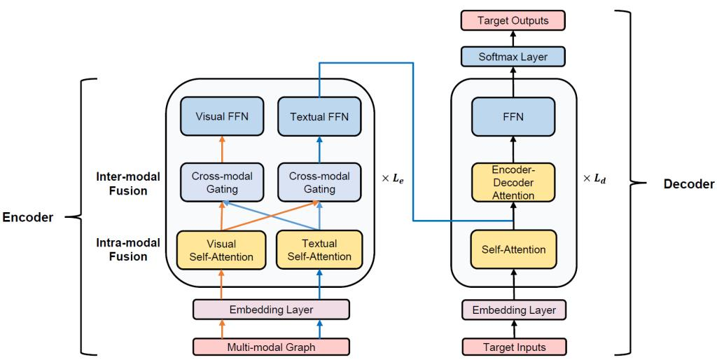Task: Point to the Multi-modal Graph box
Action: tap(271, 345)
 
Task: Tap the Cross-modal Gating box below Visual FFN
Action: tap(221, 179)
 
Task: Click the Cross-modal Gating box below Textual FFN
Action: tap(319, 179)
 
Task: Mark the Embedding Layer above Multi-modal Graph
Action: tap(271, 309)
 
